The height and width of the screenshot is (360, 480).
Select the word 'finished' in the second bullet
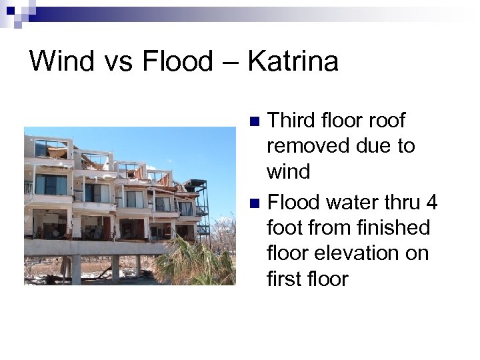click(x=391, y=227)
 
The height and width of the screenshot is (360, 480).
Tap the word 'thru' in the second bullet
click(x=396, y=201)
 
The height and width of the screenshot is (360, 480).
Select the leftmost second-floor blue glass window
click(x=51, y=185)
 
